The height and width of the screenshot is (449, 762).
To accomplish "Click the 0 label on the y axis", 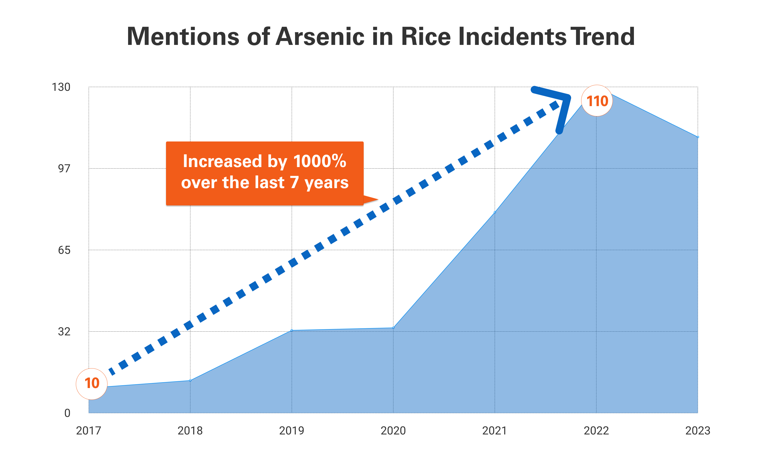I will (67, 413).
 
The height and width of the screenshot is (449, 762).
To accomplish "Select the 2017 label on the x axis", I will (88, 430).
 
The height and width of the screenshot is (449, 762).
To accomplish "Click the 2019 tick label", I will (291, 430).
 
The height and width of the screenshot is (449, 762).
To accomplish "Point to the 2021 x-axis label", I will (494, 430).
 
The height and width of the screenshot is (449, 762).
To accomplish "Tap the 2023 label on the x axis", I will (697, 430).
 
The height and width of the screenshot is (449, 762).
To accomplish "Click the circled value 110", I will (597, 101).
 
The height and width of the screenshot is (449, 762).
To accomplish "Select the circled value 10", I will (91, 383).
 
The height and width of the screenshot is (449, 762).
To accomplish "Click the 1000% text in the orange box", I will (319, 161).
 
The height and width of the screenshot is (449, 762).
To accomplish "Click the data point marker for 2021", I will (495, 212).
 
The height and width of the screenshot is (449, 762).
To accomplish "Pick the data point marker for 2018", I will (190, 380).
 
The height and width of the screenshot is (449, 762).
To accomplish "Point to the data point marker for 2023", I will (697, 137).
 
